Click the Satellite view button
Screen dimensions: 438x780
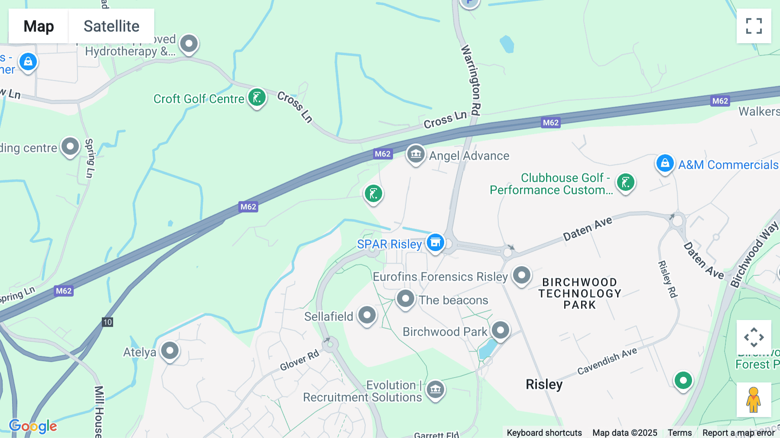111,26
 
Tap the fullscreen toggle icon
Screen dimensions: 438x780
754,26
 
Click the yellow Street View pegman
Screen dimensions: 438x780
754,400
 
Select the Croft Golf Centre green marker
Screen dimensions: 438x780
257,98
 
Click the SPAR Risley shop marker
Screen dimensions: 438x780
435,243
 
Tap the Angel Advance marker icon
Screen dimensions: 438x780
416,154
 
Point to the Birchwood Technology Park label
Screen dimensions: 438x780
580,294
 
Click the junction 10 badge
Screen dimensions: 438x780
107,322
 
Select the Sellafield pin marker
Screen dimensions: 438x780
367,315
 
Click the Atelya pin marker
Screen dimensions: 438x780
170,350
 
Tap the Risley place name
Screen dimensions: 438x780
544,384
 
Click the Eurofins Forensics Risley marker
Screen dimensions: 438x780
522,275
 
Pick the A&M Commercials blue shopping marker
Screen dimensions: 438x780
665,163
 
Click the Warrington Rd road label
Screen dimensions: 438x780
471,80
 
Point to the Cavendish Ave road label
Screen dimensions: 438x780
607,361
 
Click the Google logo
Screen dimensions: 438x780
33,426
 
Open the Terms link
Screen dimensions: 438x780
679,433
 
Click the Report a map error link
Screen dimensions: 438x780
738,433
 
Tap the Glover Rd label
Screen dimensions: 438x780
299,360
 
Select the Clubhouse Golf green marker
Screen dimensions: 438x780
625,183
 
